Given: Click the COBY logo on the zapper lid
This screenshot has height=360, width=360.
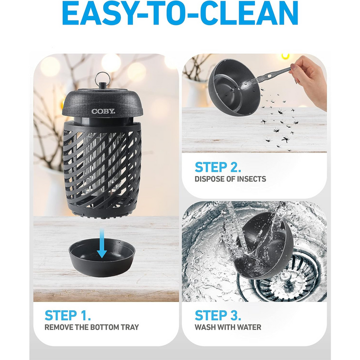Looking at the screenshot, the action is pyautogui.click(x=103, y=111).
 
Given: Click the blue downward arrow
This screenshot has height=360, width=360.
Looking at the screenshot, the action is pyautogui.click(x=102, y=244).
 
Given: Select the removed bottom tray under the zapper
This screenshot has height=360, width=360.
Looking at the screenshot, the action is pyautogui.click(x=102, y=257).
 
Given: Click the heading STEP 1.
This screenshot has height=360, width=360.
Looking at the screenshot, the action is pyautogui.click(x=68, y=315).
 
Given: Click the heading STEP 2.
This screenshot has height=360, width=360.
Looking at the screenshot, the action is pyautogui.click(x=218, y=167).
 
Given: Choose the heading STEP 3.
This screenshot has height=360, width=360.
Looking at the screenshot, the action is pyautogui.click(x=218, y=315).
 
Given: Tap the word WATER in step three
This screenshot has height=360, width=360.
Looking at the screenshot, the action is pyautogui.click(x=249, y=327).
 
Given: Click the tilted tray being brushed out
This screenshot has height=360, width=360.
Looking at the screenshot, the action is pyautogui.click(x=235, y=87).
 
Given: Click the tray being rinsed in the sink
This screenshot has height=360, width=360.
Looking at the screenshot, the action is pyautogui.click(x=264, y=246).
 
